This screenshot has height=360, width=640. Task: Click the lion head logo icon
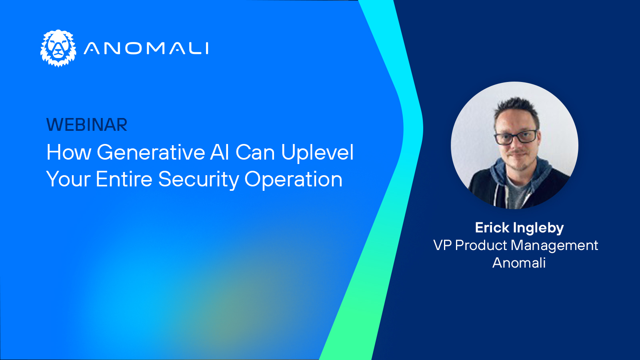(58, 48)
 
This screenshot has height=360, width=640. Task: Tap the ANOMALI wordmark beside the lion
(146, 48)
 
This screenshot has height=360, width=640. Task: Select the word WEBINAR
(87, 125)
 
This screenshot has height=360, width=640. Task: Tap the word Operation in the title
(294, 180)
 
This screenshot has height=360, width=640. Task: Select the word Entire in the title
(124, 179)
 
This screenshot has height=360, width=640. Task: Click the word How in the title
(69, 152)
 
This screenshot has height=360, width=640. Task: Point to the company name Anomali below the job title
(519, 263)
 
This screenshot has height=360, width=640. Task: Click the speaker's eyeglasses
(516, 137)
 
